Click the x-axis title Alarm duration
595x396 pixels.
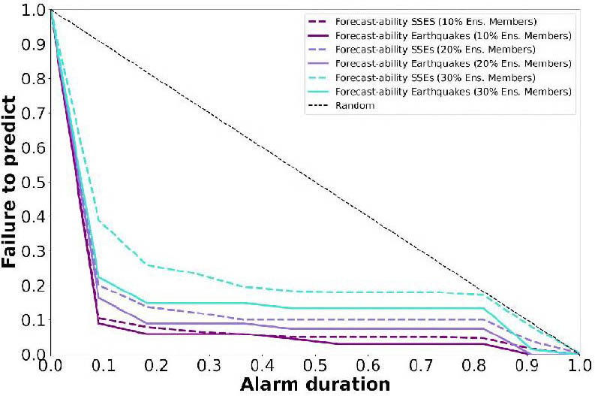315,384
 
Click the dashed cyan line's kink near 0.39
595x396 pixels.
99,219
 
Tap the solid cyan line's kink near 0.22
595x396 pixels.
99,277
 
